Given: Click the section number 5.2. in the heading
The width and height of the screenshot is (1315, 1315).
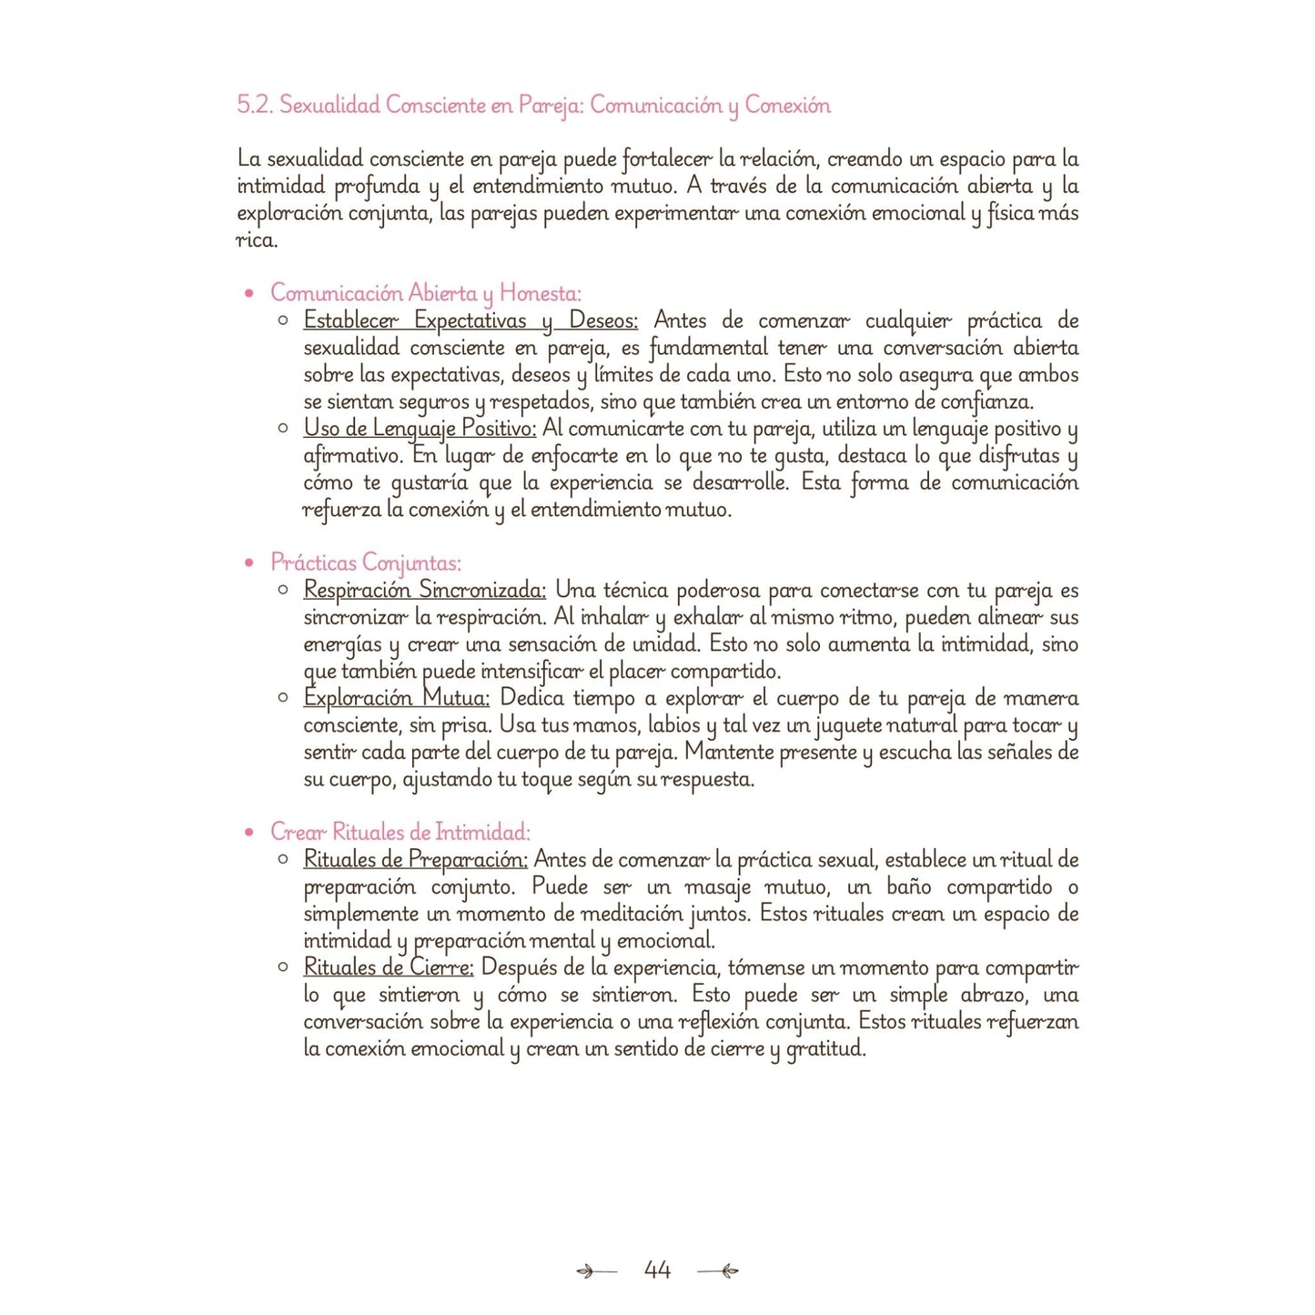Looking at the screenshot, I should coord(255,106).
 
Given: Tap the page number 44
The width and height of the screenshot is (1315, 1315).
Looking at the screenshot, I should coord(657,1269).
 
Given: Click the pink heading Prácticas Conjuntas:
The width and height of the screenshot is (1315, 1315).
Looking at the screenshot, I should coord(366,562).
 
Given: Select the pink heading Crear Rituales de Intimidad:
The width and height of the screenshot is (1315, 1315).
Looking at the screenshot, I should coord(400,832).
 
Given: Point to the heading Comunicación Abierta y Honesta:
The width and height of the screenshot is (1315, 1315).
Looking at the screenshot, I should coord(425,293).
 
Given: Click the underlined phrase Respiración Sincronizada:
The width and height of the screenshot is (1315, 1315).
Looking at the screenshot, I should coord(425,590).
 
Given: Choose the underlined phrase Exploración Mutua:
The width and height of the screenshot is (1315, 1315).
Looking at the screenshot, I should coord(397,698).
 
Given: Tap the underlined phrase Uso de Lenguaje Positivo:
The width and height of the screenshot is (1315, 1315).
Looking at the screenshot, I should coord(420,428).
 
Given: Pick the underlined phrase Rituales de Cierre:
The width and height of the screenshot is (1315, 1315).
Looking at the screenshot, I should coord(389,966).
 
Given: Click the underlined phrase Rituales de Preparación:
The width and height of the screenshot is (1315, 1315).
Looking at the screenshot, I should coord(415,859).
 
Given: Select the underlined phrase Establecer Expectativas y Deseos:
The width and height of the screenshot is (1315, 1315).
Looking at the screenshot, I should coord(470,320).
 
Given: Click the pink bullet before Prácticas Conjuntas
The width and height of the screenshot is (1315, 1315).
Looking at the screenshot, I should coord(249,563).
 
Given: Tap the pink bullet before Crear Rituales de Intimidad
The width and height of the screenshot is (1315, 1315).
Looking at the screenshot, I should coord(249,833).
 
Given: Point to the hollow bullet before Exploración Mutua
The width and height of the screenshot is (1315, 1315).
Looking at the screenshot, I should coord(284,698).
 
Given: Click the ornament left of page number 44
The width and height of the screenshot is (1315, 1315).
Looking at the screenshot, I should coord(596,1270).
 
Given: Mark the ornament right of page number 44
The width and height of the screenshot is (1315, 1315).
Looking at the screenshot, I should coord(718,1270).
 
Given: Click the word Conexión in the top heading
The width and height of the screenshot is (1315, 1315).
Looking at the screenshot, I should coord(787,106).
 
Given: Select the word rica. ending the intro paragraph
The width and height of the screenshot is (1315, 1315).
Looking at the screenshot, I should coord(257,240).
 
